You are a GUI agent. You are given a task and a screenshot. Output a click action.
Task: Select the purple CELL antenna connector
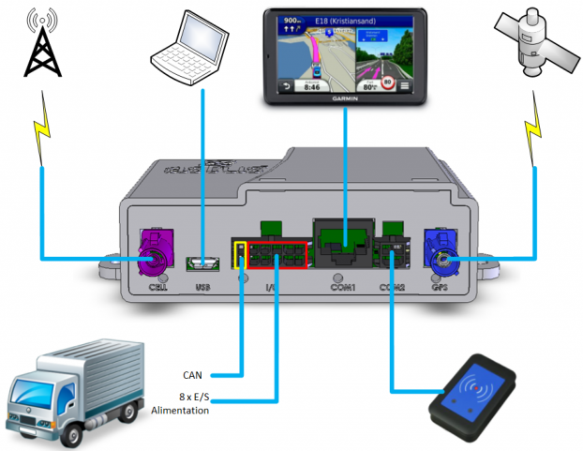(x=152, y=256)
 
